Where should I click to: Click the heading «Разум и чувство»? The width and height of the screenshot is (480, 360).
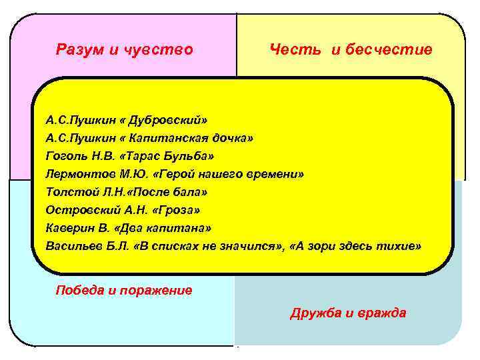coord(125,49)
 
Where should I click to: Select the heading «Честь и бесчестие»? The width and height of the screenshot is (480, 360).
coord(351,49)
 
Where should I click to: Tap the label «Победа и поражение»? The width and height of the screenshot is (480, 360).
coord(124,290)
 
